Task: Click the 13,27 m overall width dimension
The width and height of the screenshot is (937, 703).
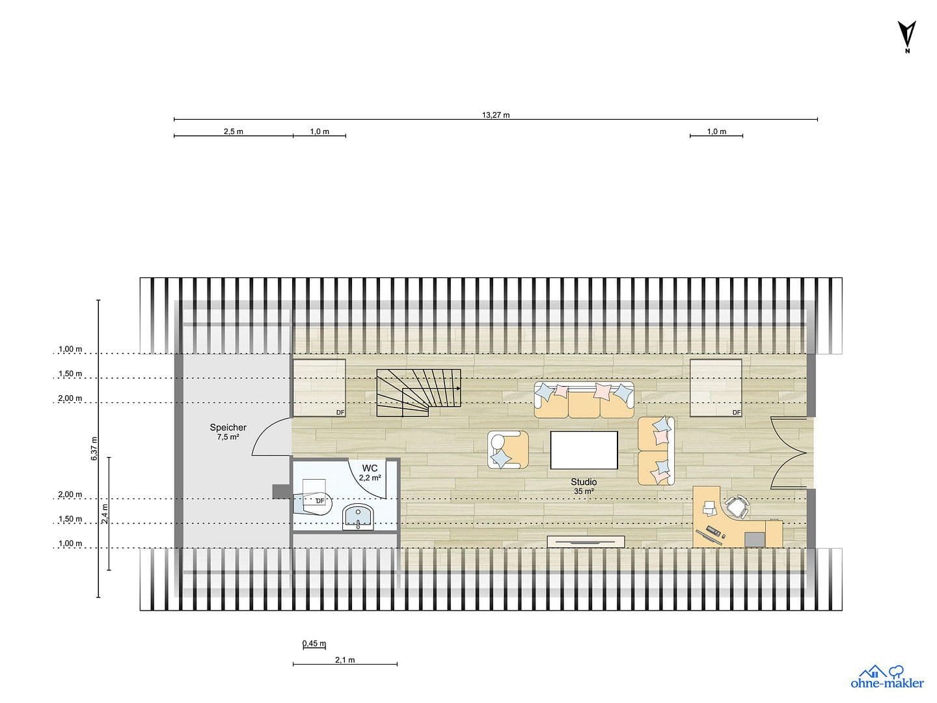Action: pyautogui.click(x=495, y=115)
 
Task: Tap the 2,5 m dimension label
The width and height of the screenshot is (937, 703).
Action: pyautogui.click(x=233, y=131)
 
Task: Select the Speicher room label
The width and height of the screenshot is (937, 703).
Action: pyautogui.click(x=228, y=428)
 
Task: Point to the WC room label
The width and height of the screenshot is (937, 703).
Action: pyautogui.click(x=370, y=468)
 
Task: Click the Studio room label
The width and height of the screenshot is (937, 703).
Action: pyautogui.click(x=584, y=482)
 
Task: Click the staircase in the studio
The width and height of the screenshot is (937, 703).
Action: pyautogui.click(x=418, y=393)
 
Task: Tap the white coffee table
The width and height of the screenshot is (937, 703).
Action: pyautogui.click(x=584, y=450)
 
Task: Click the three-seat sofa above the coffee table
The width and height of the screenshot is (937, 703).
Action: pyautogui.click(x=584, y=400)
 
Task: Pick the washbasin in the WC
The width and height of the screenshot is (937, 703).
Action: pyautogui.click(x=357, y=517)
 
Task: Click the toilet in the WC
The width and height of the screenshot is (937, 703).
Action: pyautogui.click(x=316, y=501)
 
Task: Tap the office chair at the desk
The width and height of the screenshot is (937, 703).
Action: pyautogui.click(x=736, y=506)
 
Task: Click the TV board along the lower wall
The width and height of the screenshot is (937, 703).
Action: pyautogui.click(x=586, y=541)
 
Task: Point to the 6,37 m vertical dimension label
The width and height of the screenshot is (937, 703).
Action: pyautogui.click(x=94, y=448)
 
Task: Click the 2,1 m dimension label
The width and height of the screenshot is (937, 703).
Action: pyautogui.click(x=345, y=660)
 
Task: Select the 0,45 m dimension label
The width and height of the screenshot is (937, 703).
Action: pyautogui.click(x=314, y=644)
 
